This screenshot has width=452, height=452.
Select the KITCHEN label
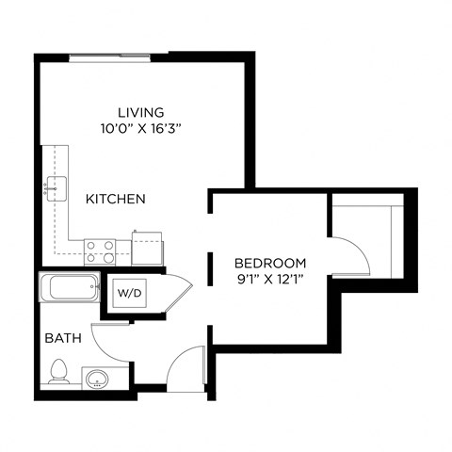115,199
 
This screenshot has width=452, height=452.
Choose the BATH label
61,336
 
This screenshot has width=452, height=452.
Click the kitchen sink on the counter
54,188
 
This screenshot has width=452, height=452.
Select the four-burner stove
100,250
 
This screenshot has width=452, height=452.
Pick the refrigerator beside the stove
146,249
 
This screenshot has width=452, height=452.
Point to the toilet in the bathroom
57,372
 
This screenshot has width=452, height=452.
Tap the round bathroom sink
95,379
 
